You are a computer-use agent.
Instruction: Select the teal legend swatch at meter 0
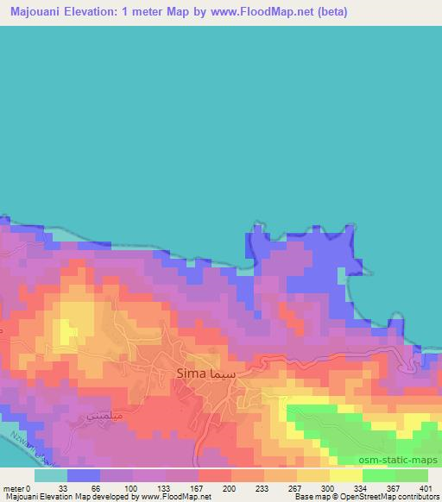point(51,475)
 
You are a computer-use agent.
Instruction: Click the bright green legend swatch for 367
point(378,475)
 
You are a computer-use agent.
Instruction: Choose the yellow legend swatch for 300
point(313,475)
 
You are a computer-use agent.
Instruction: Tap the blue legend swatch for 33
point(84,475)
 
